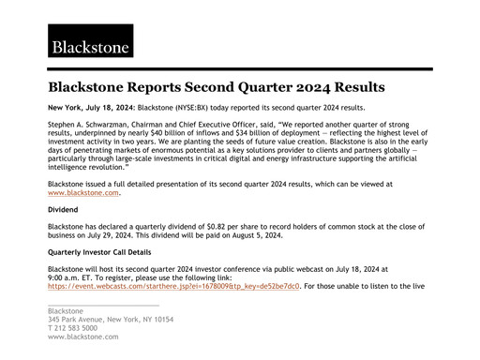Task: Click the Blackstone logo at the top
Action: pos(92,43)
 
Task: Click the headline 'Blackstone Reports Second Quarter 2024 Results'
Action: pos(217,88)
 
